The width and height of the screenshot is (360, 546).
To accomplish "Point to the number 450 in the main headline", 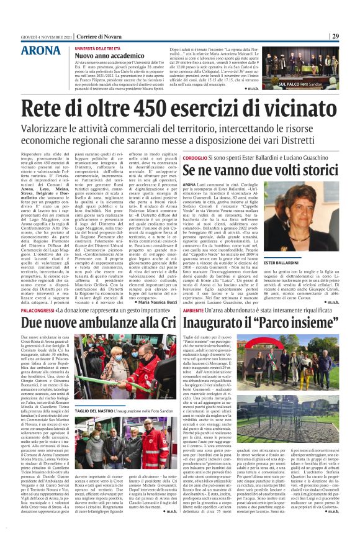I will [150, 107].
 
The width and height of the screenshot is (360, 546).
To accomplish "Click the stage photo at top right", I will [305, 65].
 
